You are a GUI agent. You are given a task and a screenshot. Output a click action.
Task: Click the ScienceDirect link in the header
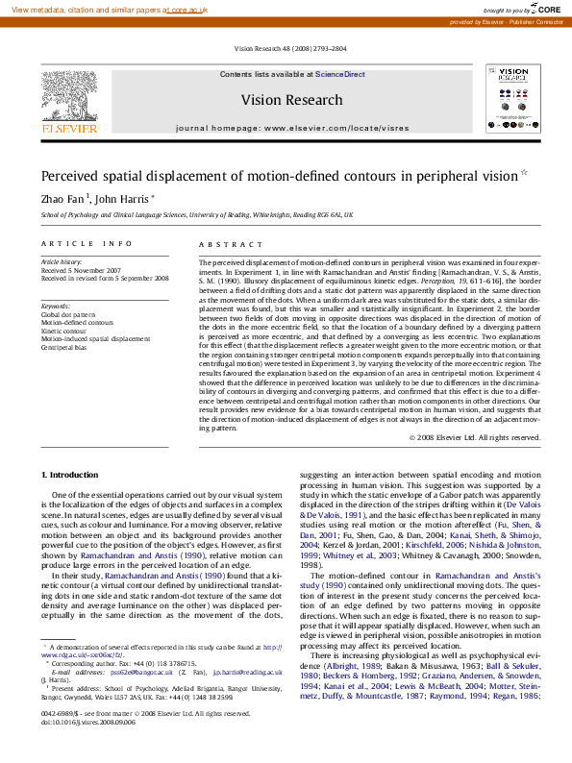point(340,74)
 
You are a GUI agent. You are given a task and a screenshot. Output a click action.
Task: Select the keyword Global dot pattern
point(68,314)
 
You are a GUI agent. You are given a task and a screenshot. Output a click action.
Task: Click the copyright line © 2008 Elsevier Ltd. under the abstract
point(475,437)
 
